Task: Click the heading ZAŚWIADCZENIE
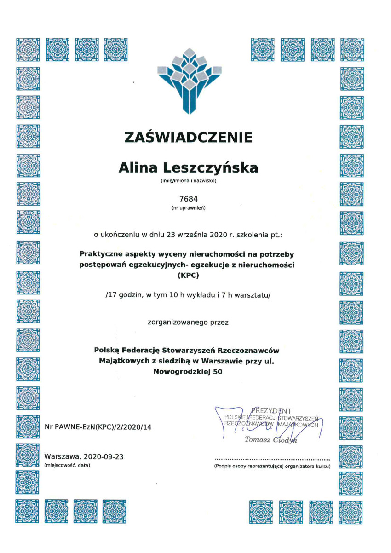188,137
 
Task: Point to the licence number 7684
188,200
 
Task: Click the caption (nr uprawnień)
188,208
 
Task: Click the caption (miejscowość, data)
68,465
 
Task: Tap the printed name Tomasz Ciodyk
271,439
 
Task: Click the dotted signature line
272,459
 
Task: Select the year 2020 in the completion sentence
218,234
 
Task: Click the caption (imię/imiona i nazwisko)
188,181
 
